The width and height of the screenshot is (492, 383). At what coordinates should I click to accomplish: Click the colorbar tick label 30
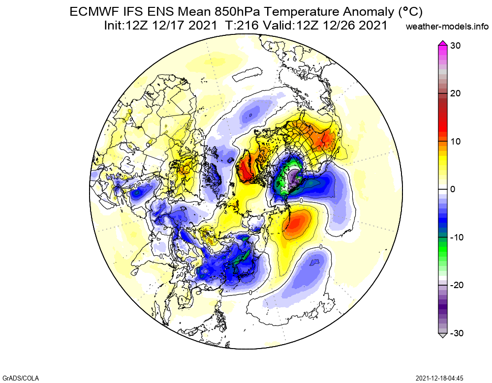455,46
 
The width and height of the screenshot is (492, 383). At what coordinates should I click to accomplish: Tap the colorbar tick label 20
455,93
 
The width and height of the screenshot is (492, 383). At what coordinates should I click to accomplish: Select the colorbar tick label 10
455,142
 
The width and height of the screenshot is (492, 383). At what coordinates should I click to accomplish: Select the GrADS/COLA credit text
18,378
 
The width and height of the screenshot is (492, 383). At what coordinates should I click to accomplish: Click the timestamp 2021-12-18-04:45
439,378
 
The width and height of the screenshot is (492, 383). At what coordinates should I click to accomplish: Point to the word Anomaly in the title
348,12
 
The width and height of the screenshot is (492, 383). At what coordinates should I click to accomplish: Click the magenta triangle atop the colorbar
442,43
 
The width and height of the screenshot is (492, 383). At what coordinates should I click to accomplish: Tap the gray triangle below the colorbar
442,336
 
